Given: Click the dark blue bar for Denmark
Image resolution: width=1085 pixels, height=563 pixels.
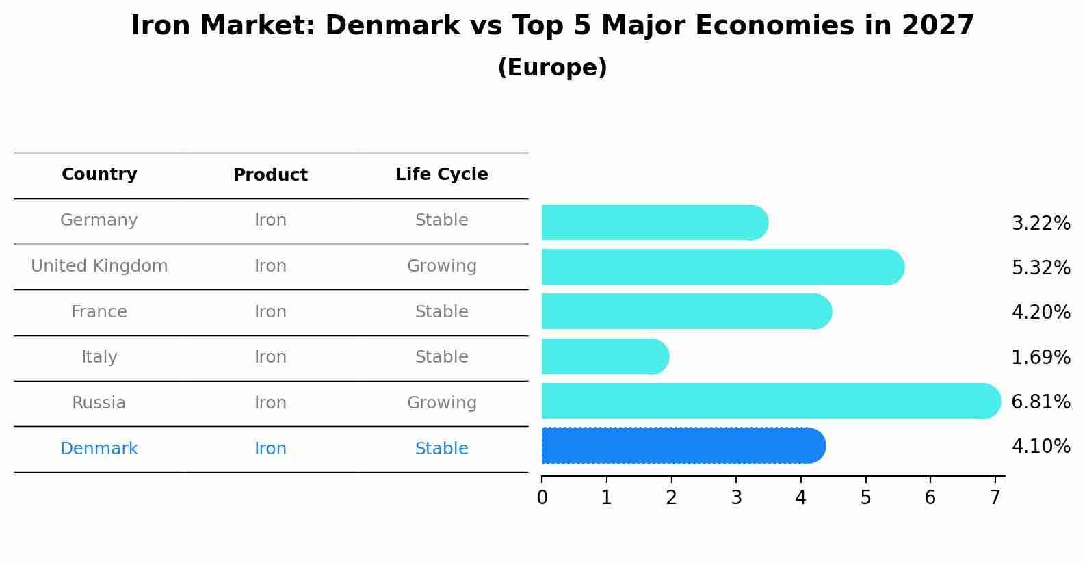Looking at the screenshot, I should pos(683,446).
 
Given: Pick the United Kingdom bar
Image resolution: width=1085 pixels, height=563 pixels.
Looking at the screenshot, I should pos(722,267).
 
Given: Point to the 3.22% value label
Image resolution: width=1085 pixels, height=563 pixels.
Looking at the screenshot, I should pos(1041,224).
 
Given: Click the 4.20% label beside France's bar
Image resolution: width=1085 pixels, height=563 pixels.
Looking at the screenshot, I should pos(1041,313).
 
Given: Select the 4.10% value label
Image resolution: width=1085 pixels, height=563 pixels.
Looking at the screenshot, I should pos(1041,447).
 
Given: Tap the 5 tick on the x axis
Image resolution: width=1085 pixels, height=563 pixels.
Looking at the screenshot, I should pos(865,498).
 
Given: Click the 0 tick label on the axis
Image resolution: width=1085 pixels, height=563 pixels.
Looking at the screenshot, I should pos(542,498).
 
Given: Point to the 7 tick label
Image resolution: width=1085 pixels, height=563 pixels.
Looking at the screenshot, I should pos(995,498).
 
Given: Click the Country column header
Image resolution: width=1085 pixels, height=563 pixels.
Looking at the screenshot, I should pos(99,174).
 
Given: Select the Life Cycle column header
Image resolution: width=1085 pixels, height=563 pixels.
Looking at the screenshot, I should pos(442,174).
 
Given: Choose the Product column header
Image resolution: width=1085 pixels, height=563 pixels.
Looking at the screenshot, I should pos(270,175).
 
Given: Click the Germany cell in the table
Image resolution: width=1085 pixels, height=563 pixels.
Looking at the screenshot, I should pos(99,220).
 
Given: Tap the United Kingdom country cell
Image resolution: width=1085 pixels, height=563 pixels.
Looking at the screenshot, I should pos(99,266).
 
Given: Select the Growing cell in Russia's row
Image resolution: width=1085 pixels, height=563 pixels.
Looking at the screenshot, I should pos(442,403).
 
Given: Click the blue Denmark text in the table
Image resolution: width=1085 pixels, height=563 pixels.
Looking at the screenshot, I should pos(99,449).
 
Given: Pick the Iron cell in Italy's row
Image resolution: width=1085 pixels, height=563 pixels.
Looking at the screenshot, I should pos(270,357).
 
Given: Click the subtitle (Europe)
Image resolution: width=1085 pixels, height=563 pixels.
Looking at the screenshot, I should pos(552,68).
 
